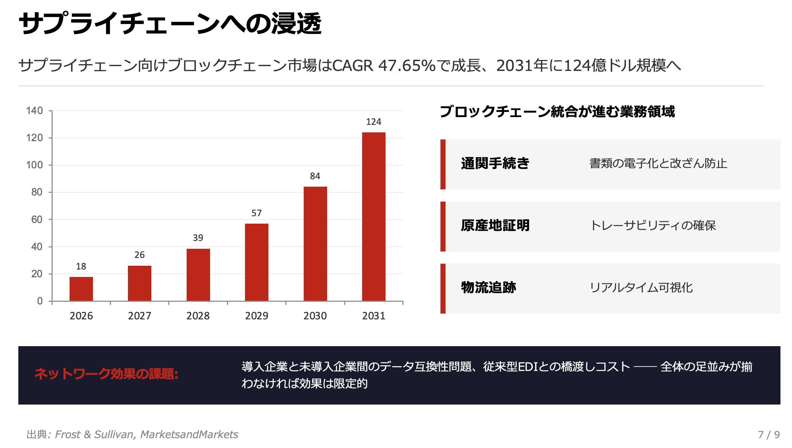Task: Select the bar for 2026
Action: coord(81,289)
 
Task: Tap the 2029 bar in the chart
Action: coord(257,262)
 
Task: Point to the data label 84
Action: coord(315,176)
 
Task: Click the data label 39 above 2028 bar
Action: coord(198,238)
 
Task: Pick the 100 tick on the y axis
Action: coord(35,165)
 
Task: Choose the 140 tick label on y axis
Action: coord(35,111)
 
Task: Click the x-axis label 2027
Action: coord(139,316)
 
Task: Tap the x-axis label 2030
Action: coord(315,316)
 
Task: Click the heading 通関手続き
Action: coord(495,164)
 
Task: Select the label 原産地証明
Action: coord(495,226)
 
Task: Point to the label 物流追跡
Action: coord(488,288)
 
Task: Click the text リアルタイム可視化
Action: coord(641,288)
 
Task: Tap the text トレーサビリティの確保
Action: coord(653,226)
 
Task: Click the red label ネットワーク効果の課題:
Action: coord(106,374)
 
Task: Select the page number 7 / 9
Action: coord(769,435)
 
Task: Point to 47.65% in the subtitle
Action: coord(407,66)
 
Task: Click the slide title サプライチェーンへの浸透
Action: coord(170,24)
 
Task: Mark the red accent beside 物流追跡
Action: coord(443,288)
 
